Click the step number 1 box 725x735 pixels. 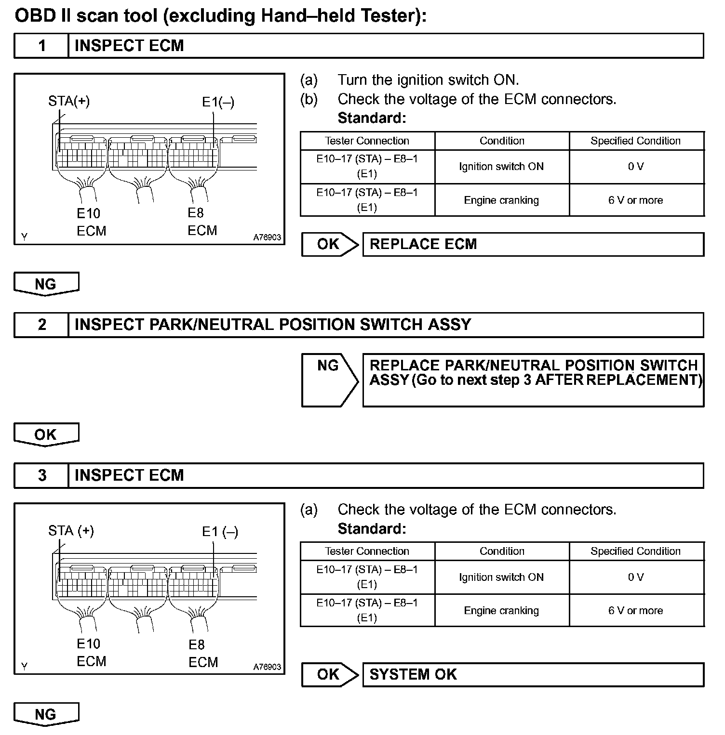tap(42, 46)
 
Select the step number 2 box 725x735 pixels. tap(42, 325)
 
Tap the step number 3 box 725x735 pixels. tap(42, 475)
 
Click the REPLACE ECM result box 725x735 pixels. tap(533, 244)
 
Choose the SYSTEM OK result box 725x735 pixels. tap(533, 674)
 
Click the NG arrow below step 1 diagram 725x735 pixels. tap(46, 284)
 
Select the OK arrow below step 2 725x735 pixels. tap(46, 434)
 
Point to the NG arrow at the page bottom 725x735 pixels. tap(46, 714)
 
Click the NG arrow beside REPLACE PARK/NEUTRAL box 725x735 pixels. tap(329, 380)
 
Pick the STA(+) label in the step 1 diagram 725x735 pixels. tap(69, 101)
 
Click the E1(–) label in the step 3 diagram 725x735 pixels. tap(220, 532)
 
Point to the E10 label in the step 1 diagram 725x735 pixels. tap(89, 213)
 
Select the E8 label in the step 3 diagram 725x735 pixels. tap(197, 644)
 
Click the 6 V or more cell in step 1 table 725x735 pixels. tap(635, 200)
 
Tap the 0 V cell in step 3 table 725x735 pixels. tap(635, 577)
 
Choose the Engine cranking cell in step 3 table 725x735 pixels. tap(501, 610)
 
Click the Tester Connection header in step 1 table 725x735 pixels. tap(367, 141)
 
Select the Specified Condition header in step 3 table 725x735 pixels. tap(635, 551)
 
